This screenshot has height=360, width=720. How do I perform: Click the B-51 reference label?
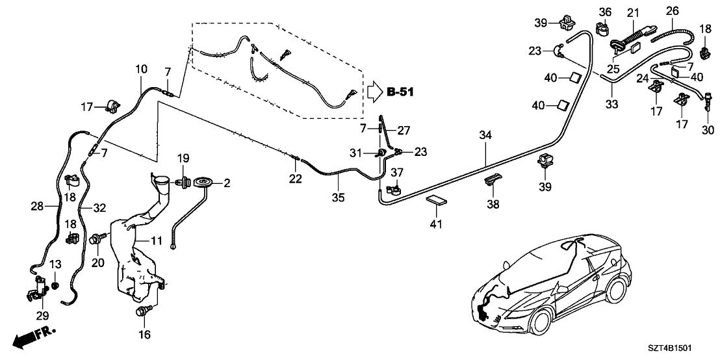400,92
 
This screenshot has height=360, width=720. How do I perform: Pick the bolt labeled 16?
142,312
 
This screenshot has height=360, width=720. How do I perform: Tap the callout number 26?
673,11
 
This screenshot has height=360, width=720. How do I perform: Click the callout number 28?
37,207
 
